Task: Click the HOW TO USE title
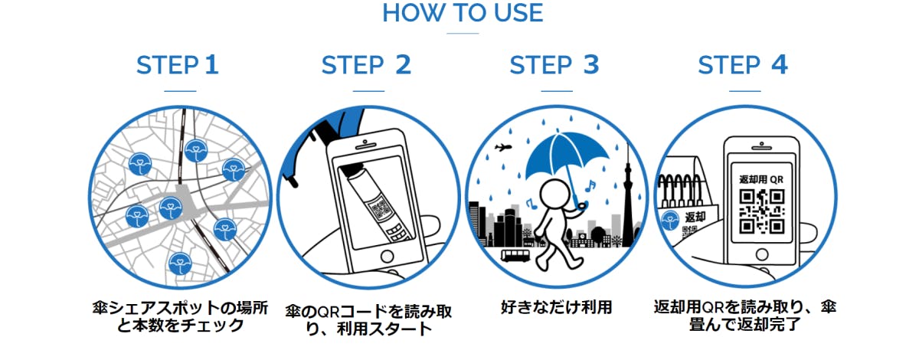click(x=463, y=13)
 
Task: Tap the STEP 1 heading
click(x=177, y=65)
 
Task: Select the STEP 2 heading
click(x=366, y=65)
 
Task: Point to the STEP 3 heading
click(x=554, y=65)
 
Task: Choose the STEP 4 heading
click(x=743, y=65)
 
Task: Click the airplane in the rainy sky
click(x=503, y=147)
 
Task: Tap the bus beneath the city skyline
click(x=515, y=255)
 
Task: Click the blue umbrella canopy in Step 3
click(x=567, y=155)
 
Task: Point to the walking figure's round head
click(x=554, y=194)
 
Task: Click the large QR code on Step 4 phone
click(x=762, y=211)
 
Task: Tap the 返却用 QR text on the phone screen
click(x=761, y=179)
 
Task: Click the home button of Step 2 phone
click(x=387, y=257)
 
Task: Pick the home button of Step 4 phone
click(x=762, y=254)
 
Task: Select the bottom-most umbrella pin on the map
click(x=180, y=263)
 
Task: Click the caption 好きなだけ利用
click(x=556, y=307)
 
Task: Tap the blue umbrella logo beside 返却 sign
click(x=671, y=221)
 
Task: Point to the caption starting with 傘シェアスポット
click(x=180, y=316)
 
